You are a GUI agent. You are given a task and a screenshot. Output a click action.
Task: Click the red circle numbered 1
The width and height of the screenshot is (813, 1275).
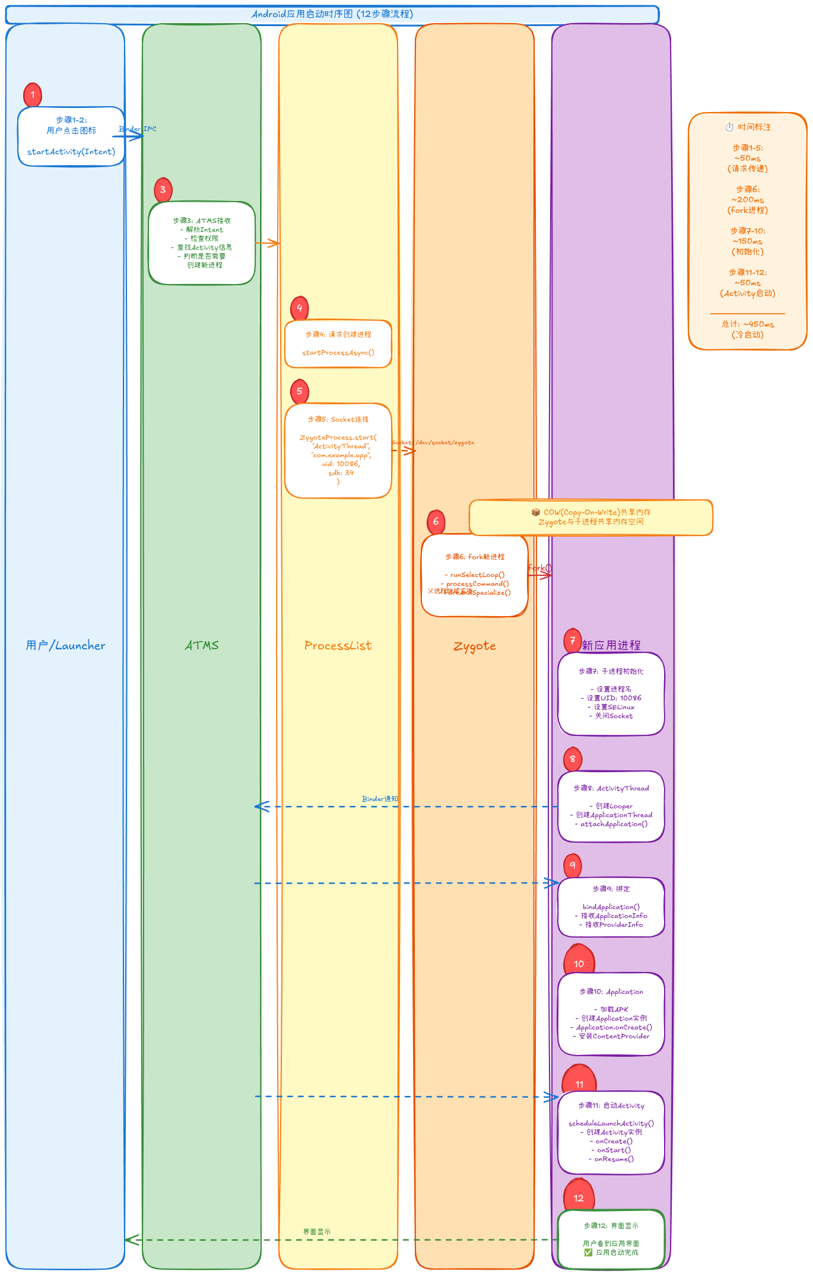point(33,94)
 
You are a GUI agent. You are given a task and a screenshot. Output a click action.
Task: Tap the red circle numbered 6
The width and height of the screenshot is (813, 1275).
point(436,521)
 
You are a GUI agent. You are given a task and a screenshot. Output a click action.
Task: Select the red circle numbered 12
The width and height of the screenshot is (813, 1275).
point(579,1198)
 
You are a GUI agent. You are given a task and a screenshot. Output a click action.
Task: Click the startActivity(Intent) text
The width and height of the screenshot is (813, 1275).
point(71,152)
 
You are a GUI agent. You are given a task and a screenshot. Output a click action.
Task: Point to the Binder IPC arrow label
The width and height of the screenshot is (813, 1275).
point(138,129)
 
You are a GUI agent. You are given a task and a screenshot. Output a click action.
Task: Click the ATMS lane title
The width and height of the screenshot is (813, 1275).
point(202,645)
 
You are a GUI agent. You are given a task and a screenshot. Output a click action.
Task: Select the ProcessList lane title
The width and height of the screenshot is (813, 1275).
point(338,645)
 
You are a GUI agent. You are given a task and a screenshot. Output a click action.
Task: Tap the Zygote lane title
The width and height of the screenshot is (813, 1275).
point(474,646)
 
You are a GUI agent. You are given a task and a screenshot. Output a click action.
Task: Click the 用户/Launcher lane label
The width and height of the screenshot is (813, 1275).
point(65,645)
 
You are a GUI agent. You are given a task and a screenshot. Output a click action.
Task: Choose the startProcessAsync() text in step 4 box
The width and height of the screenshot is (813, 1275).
point(338,352)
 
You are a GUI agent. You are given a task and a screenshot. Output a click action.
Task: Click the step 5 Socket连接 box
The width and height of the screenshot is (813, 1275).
point(338,451)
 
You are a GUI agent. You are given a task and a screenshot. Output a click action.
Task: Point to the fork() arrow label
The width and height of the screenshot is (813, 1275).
point(539,568)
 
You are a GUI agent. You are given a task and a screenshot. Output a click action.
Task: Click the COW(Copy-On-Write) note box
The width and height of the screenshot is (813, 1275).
point(590,517)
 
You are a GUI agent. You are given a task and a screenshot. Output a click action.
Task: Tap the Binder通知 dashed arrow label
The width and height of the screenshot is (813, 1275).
point(380,799)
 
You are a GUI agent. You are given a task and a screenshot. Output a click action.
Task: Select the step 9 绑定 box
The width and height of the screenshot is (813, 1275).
point(611,907)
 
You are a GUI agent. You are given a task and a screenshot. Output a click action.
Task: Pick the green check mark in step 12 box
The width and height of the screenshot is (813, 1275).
point(588,1252)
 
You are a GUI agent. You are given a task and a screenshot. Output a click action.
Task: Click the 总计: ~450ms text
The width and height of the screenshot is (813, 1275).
point(748,324)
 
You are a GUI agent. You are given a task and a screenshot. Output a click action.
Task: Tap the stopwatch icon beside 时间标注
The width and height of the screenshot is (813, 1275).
point(729,127)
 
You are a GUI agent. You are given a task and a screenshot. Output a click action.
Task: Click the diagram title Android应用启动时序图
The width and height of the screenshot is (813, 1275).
point(332,14)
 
